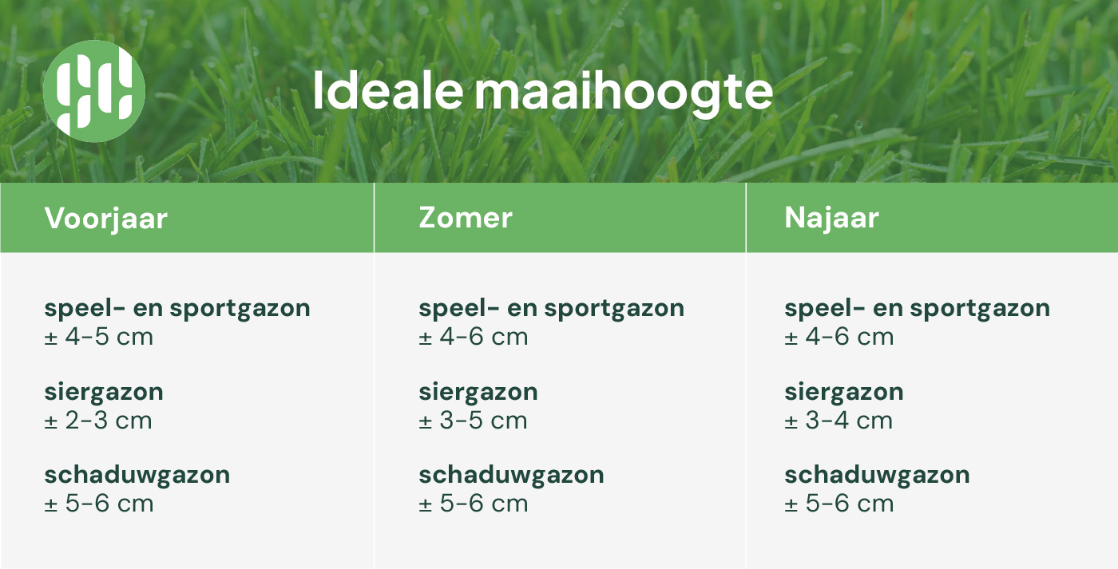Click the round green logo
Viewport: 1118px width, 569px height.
(94, 91)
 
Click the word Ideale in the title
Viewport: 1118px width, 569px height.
(388, 91)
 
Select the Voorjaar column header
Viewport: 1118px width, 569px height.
(105, 219)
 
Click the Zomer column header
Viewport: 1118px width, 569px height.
(465, 218)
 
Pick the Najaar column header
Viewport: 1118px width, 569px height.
(831, 219)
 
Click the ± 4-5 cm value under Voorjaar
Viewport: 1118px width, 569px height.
(99, 337)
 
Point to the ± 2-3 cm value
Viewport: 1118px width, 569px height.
(98, 421)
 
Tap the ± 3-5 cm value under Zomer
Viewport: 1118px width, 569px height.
(473, 421)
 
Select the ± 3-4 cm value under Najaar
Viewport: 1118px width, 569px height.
(838, 421)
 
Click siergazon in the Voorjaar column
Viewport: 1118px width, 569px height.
(104, 393)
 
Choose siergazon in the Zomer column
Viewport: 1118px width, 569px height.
(478, 393)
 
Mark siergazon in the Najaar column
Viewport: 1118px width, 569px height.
(844, 393)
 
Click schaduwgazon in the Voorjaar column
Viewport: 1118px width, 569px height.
(137, 476)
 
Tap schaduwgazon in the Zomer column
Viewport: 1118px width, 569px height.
(512, 476)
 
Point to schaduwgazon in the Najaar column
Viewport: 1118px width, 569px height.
(877, 476)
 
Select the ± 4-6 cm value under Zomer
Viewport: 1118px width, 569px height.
(474, 337)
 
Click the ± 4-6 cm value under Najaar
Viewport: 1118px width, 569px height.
(839, 337)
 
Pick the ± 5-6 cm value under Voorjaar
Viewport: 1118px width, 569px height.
(99, 504)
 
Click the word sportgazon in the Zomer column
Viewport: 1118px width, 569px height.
(614, 309)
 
